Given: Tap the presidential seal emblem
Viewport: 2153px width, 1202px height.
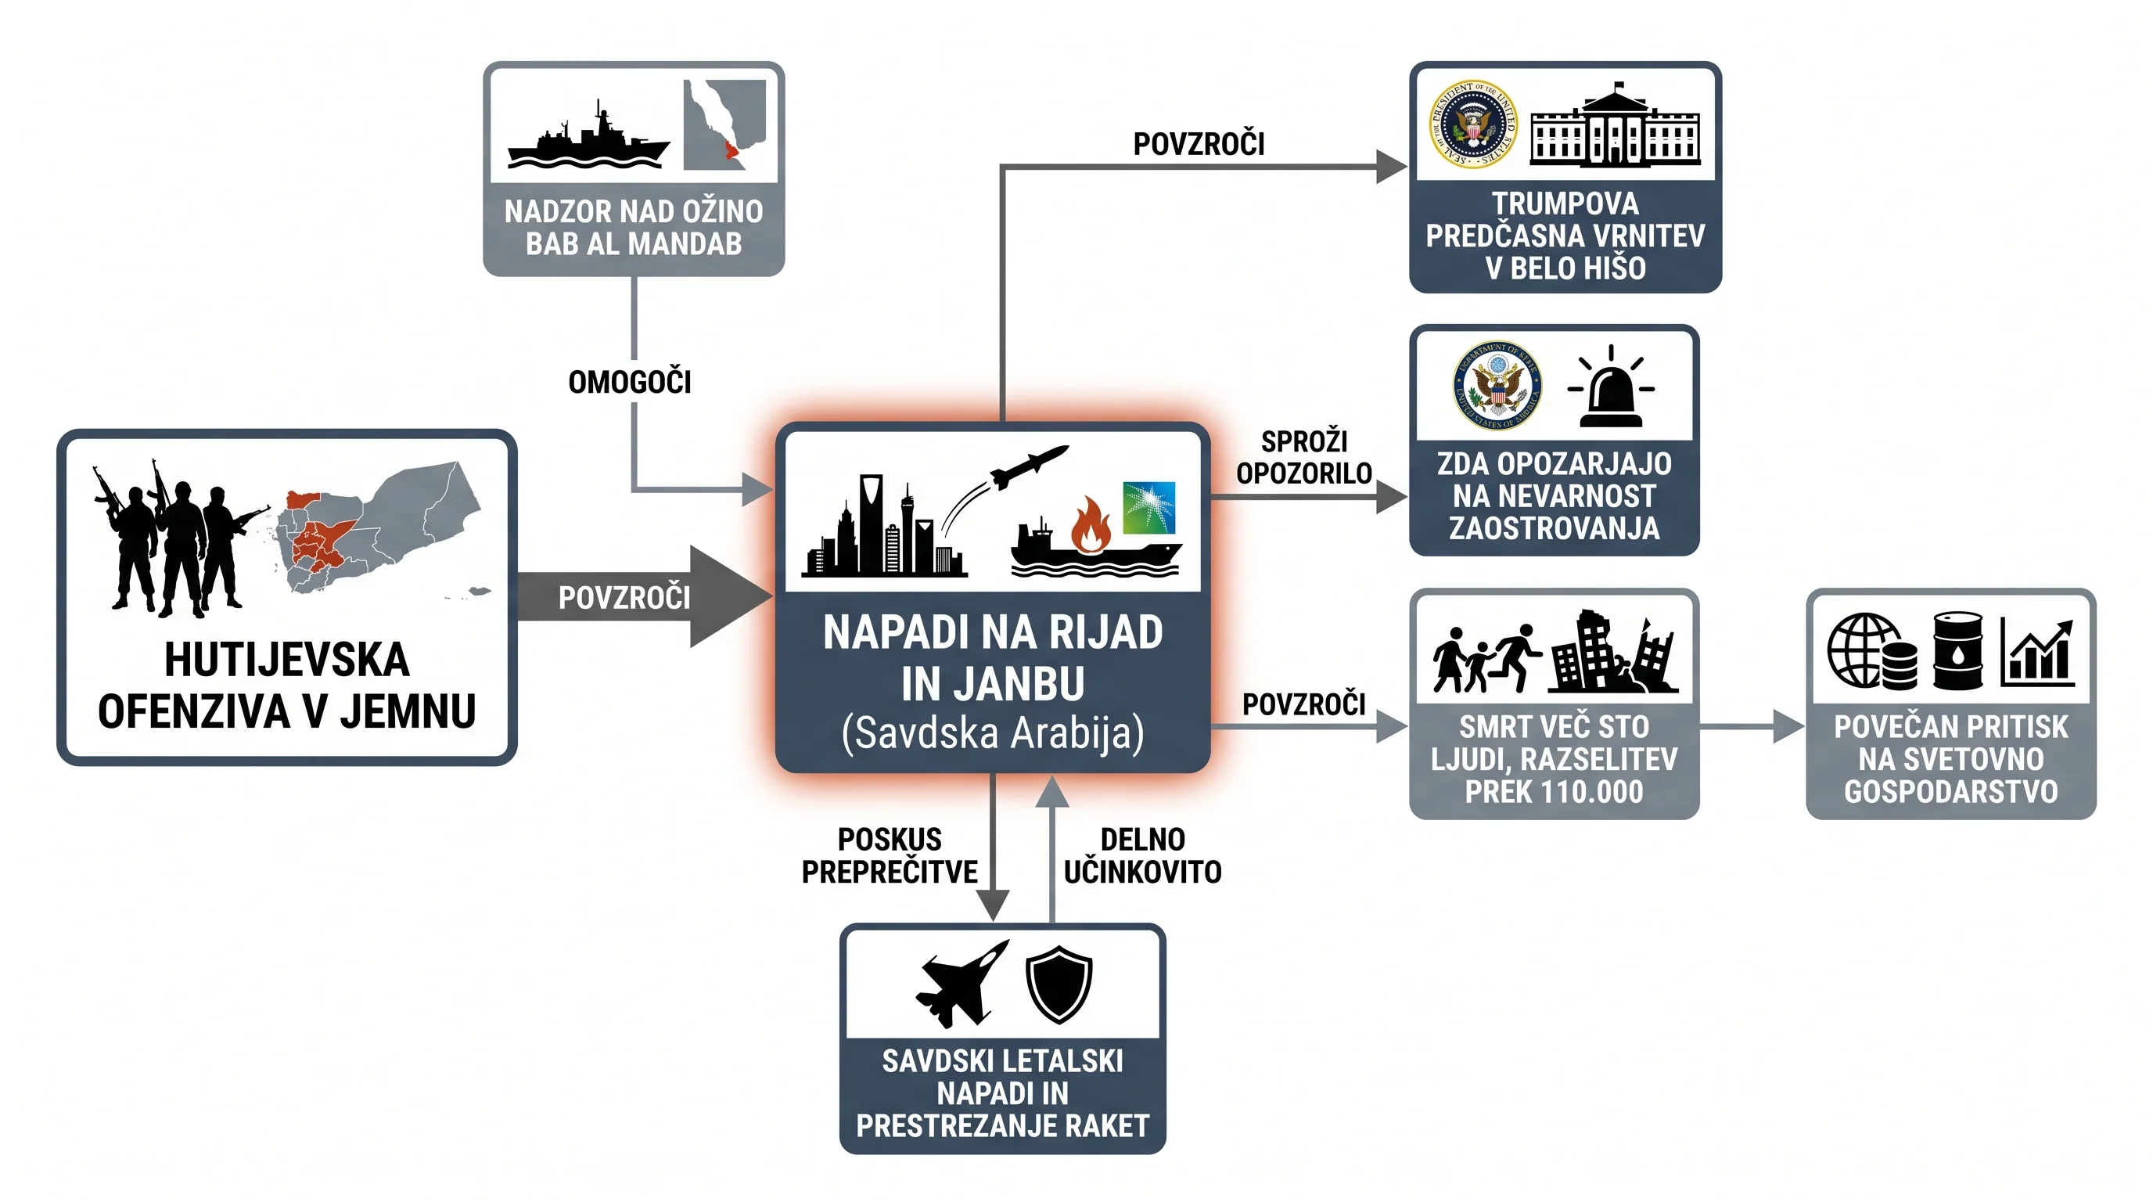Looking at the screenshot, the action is pyautogui.click(x=1472, y=124).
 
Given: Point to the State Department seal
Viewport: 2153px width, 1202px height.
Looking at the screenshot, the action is pyautogui.click(x=1497, y=386).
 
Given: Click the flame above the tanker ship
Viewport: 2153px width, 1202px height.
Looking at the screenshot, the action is pyautogui.click(x=1091, y=525).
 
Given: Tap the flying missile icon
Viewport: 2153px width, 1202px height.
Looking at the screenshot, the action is pyautogui.click(x=1029, y=466).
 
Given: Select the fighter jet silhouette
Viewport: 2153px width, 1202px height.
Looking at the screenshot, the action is pyautogui.click(x=962, y=983).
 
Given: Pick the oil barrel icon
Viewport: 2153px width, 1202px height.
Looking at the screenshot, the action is pyautogui.click(x=1957, y=650).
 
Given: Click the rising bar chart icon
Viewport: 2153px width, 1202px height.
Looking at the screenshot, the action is pyautogui.click(x=2038, y=652).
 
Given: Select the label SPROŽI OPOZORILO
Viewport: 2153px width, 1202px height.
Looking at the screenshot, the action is pyautogui.click(x=1304, y=457).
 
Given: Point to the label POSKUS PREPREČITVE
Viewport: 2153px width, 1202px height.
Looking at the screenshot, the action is pyautogui.click(x=890, y=855).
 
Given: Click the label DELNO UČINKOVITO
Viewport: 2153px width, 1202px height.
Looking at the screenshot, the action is pyautogui.click(x=1142, y=855).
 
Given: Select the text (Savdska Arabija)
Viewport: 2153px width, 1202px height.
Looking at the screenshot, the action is pyautogui.click(x=992, y=733).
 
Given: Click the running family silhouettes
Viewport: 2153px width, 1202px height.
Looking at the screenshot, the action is pyautogui.click(x=1486, y=658).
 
